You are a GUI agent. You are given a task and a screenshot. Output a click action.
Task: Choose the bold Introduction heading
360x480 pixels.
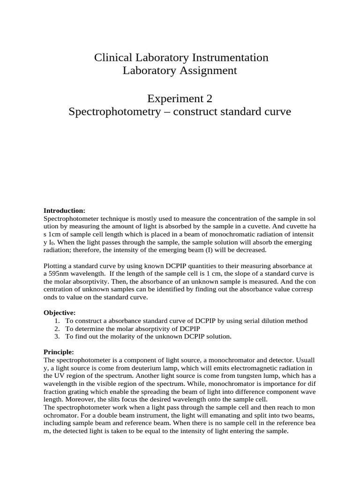pos(64,211)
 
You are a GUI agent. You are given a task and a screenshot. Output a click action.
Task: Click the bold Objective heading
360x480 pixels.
pos(60,313)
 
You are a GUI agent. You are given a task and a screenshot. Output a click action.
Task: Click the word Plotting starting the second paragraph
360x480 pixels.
pos(55,266)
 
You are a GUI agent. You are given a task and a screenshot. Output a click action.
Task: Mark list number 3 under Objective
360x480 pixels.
pos(57,337)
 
